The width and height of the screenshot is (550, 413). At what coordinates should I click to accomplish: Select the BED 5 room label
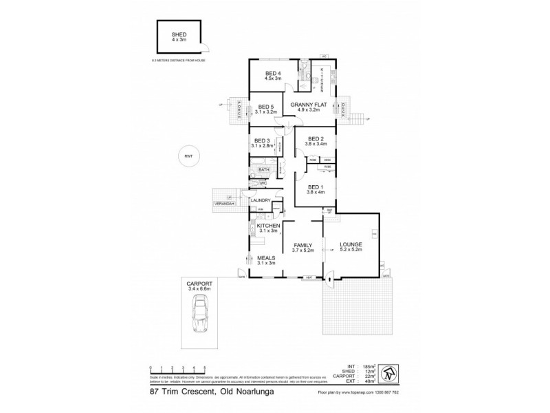tap(265, 107)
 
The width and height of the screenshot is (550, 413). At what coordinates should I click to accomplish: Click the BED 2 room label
tap(316, 138)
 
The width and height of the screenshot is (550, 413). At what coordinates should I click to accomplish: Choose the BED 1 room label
tap(316, 187)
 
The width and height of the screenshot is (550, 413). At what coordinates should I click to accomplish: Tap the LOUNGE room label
tap(351, 244)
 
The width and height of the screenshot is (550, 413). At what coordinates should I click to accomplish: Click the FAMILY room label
tap(303, 245)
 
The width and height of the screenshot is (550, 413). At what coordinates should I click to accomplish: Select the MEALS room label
tap(265, 258)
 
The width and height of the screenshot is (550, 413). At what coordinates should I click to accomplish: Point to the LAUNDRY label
tap(261, 200)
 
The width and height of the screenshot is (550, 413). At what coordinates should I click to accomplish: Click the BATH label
tap(263, 169)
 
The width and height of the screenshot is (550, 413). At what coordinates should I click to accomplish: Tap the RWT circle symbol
tap(188, 156)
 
